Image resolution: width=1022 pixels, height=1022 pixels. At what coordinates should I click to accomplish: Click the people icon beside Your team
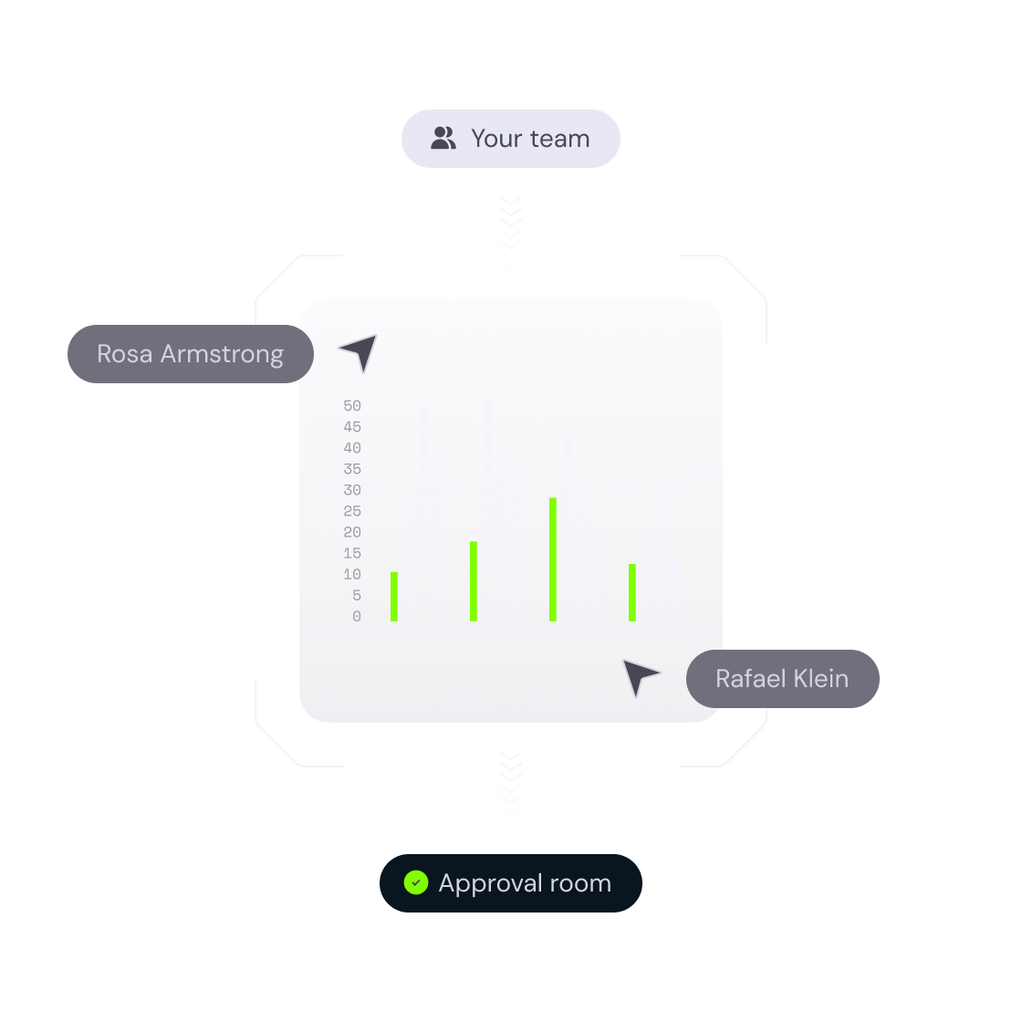(x=443, y=139)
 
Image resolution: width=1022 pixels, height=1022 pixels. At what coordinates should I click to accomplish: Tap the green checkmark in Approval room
(x=416, y=883)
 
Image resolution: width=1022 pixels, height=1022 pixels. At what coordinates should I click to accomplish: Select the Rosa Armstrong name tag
(x=191, y=354)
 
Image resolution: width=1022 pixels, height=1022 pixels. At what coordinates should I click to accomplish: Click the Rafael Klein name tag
(x=782, y=679)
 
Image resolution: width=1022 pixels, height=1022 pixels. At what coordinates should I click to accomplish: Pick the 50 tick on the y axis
(x=352, y=406)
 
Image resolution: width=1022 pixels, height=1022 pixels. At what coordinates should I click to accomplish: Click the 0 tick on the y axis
(x=357, y=617)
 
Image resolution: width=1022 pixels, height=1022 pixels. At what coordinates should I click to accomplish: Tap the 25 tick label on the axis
(x=352, y=511)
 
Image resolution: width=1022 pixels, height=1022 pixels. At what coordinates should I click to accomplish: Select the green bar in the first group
(x=394, y=597)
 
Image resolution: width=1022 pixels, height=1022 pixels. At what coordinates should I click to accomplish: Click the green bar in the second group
(x=474, y=581)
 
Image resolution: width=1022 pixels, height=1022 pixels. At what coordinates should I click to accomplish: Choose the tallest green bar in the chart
(x=553, y=559)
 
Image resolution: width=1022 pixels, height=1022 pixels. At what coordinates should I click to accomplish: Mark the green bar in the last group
(x=632, y=593)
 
